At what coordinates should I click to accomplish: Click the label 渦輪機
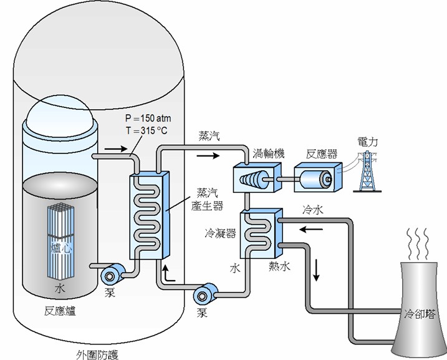point(269,152)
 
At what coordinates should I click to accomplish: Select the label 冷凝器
point(220,233)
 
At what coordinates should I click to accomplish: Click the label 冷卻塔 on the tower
point(418,311)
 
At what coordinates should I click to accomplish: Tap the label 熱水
point(279,266)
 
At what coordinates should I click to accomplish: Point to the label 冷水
point(312,210)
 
